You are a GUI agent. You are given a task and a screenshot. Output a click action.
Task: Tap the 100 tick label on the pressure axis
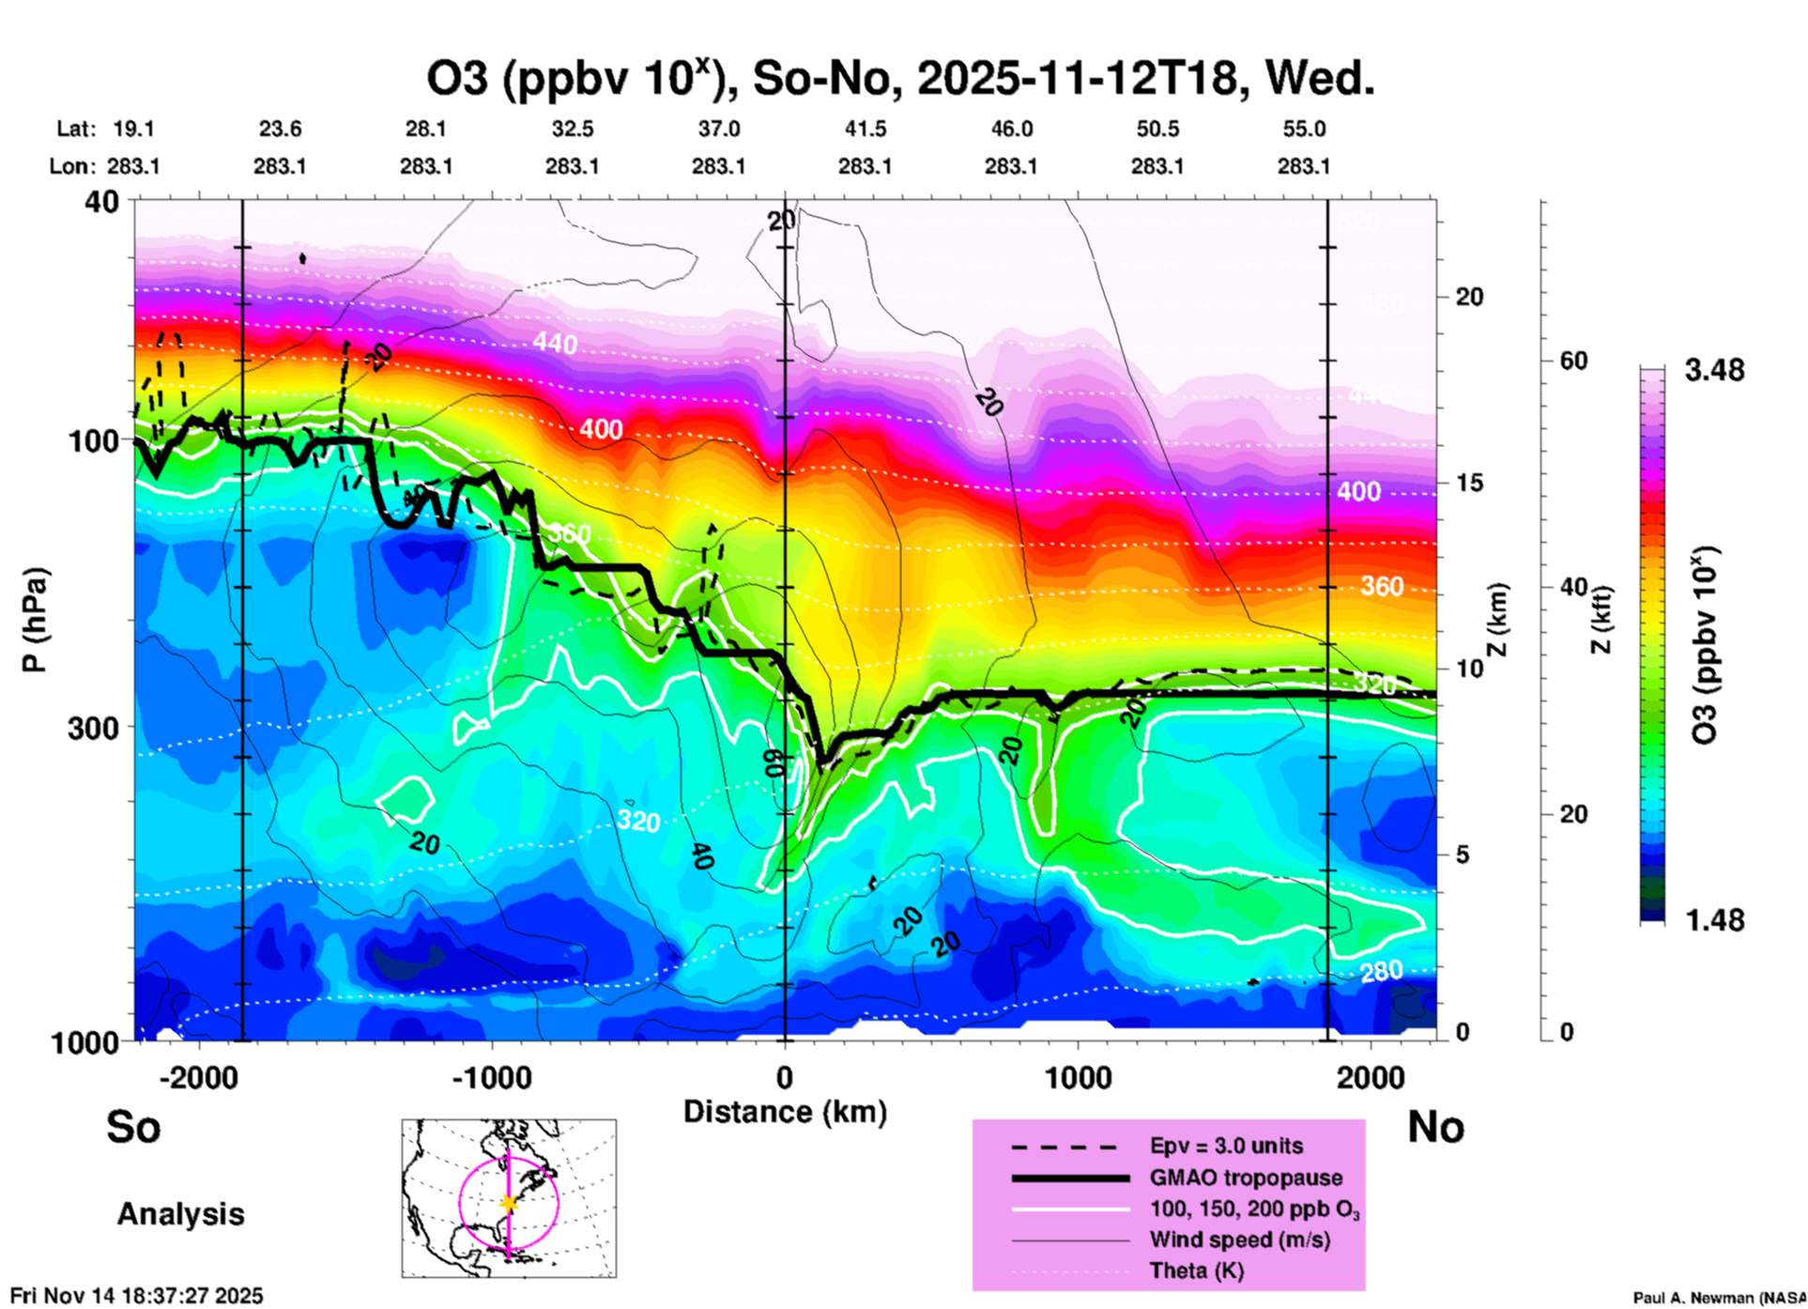(x=93, y=440)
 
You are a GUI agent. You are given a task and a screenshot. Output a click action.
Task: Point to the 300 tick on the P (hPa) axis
(x=93, y=728)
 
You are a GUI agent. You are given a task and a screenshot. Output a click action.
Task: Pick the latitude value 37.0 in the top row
(x=718, y=130)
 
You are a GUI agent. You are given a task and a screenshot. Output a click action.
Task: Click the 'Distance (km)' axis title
(x=785, y=1112)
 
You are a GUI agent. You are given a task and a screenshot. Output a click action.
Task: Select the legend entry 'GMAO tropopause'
(x=1246, y=1178)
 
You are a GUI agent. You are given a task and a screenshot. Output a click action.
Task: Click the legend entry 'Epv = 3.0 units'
(x=1226, y=1147)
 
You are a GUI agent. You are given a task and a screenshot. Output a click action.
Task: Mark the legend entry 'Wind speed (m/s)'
(x=1239, y=1240)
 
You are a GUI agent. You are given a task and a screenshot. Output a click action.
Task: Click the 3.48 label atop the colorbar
(x=1714, y=371)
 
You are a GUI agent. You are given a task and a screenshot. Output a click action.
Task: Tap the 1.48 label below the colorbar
(x=1714, y=920)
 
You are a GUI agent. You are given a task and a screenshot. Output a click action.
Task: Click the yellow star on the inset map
(x=509, y=1203)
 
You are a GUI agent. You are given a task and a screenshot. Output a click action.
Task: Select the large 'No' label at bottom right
(x=1435, y=1127)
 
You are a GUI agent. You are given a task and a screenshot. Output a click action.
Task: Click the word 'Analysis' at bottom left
(x=180, y=1214)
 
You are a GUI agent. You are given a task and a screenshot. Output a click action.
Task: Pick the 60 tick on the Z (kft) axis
(x=1572, y=361)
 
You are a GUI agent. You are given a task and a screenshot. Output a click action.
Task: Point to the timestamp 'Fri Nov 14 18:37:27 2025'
(x=137, y=1296)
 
